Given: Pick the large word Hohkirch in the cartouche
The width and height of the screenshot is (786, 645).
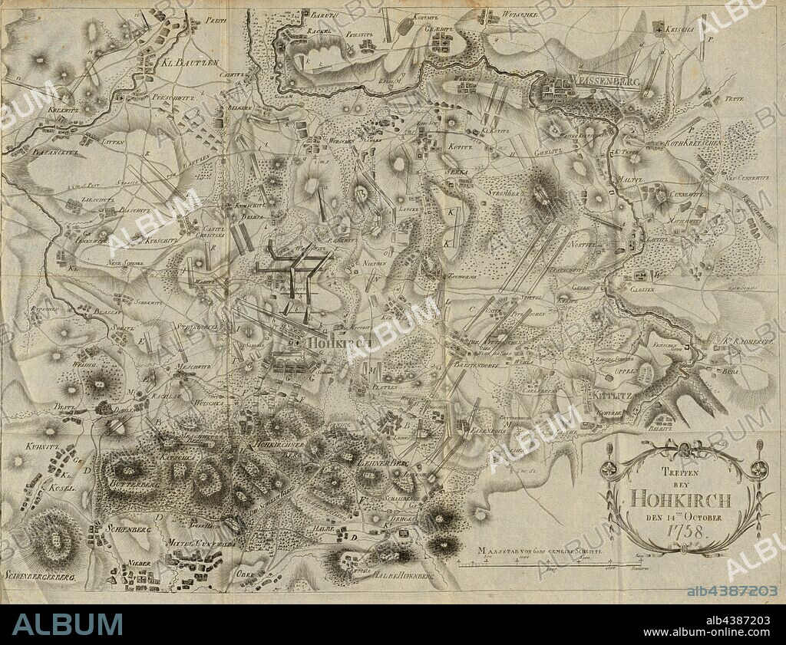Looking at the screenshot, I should pos(680,499).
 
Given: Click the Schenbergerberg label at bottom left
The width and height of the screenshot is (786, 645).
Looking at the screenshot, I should pos(40,575).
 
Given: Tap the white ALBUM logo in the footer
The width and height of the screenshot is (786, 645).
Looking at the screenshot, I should pos(67,624).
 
